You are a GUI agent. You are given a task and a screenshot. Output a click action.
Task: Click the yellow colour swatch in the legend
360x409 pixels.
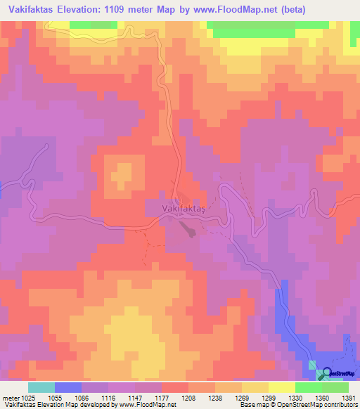(x=281, y=387)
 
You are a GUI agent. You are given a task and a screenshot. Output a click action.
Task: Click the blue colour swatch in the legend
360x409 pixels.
(x=67, y=387)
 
